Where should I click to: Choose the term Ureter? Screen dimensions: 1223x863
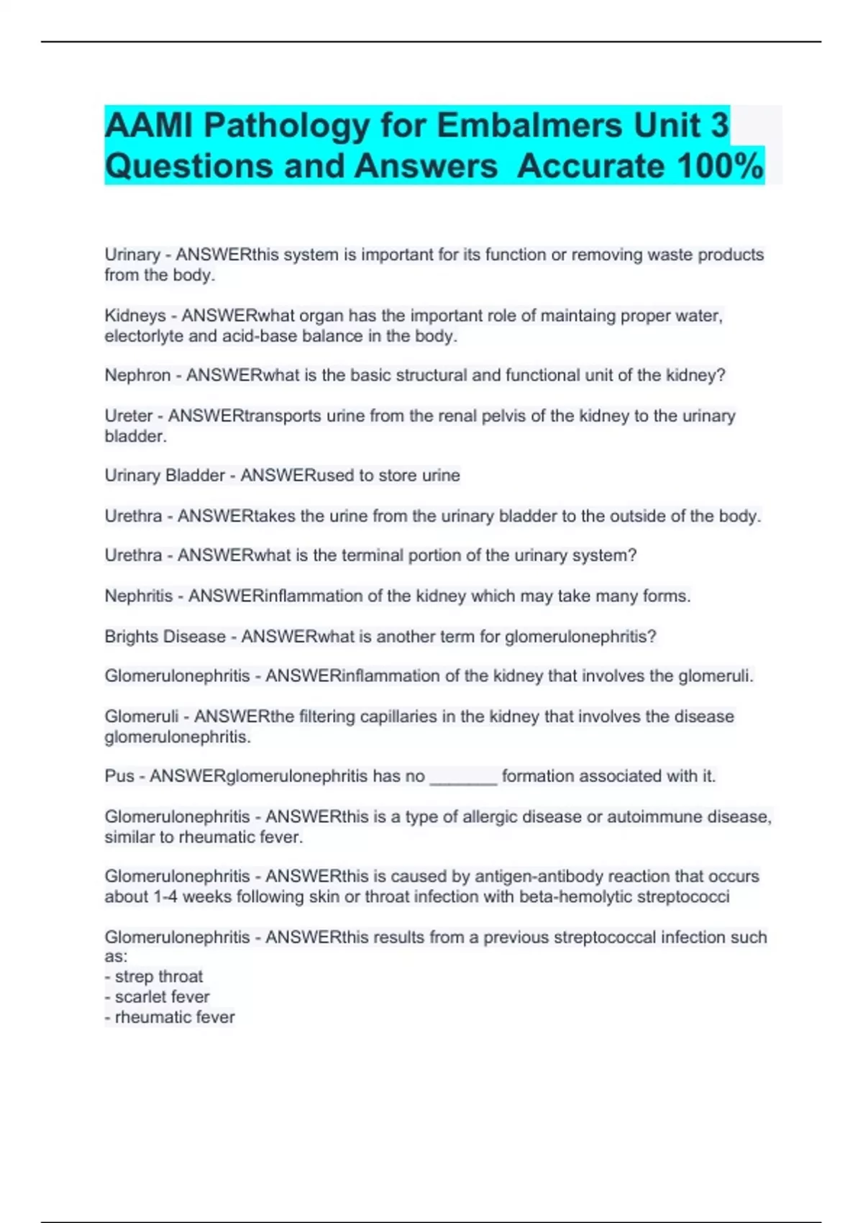click(x=129, y=416)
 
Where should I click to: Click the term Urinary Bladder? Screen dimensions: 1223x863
click(x=165, y=476)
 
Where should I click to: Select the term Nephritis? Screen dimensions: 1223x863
click(x=139, y=596)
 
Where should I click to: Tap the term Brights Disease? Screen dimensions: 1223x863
click(x=165, y=637)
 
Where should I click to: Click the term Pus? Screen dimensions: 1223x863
click(x=119, y=776)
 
